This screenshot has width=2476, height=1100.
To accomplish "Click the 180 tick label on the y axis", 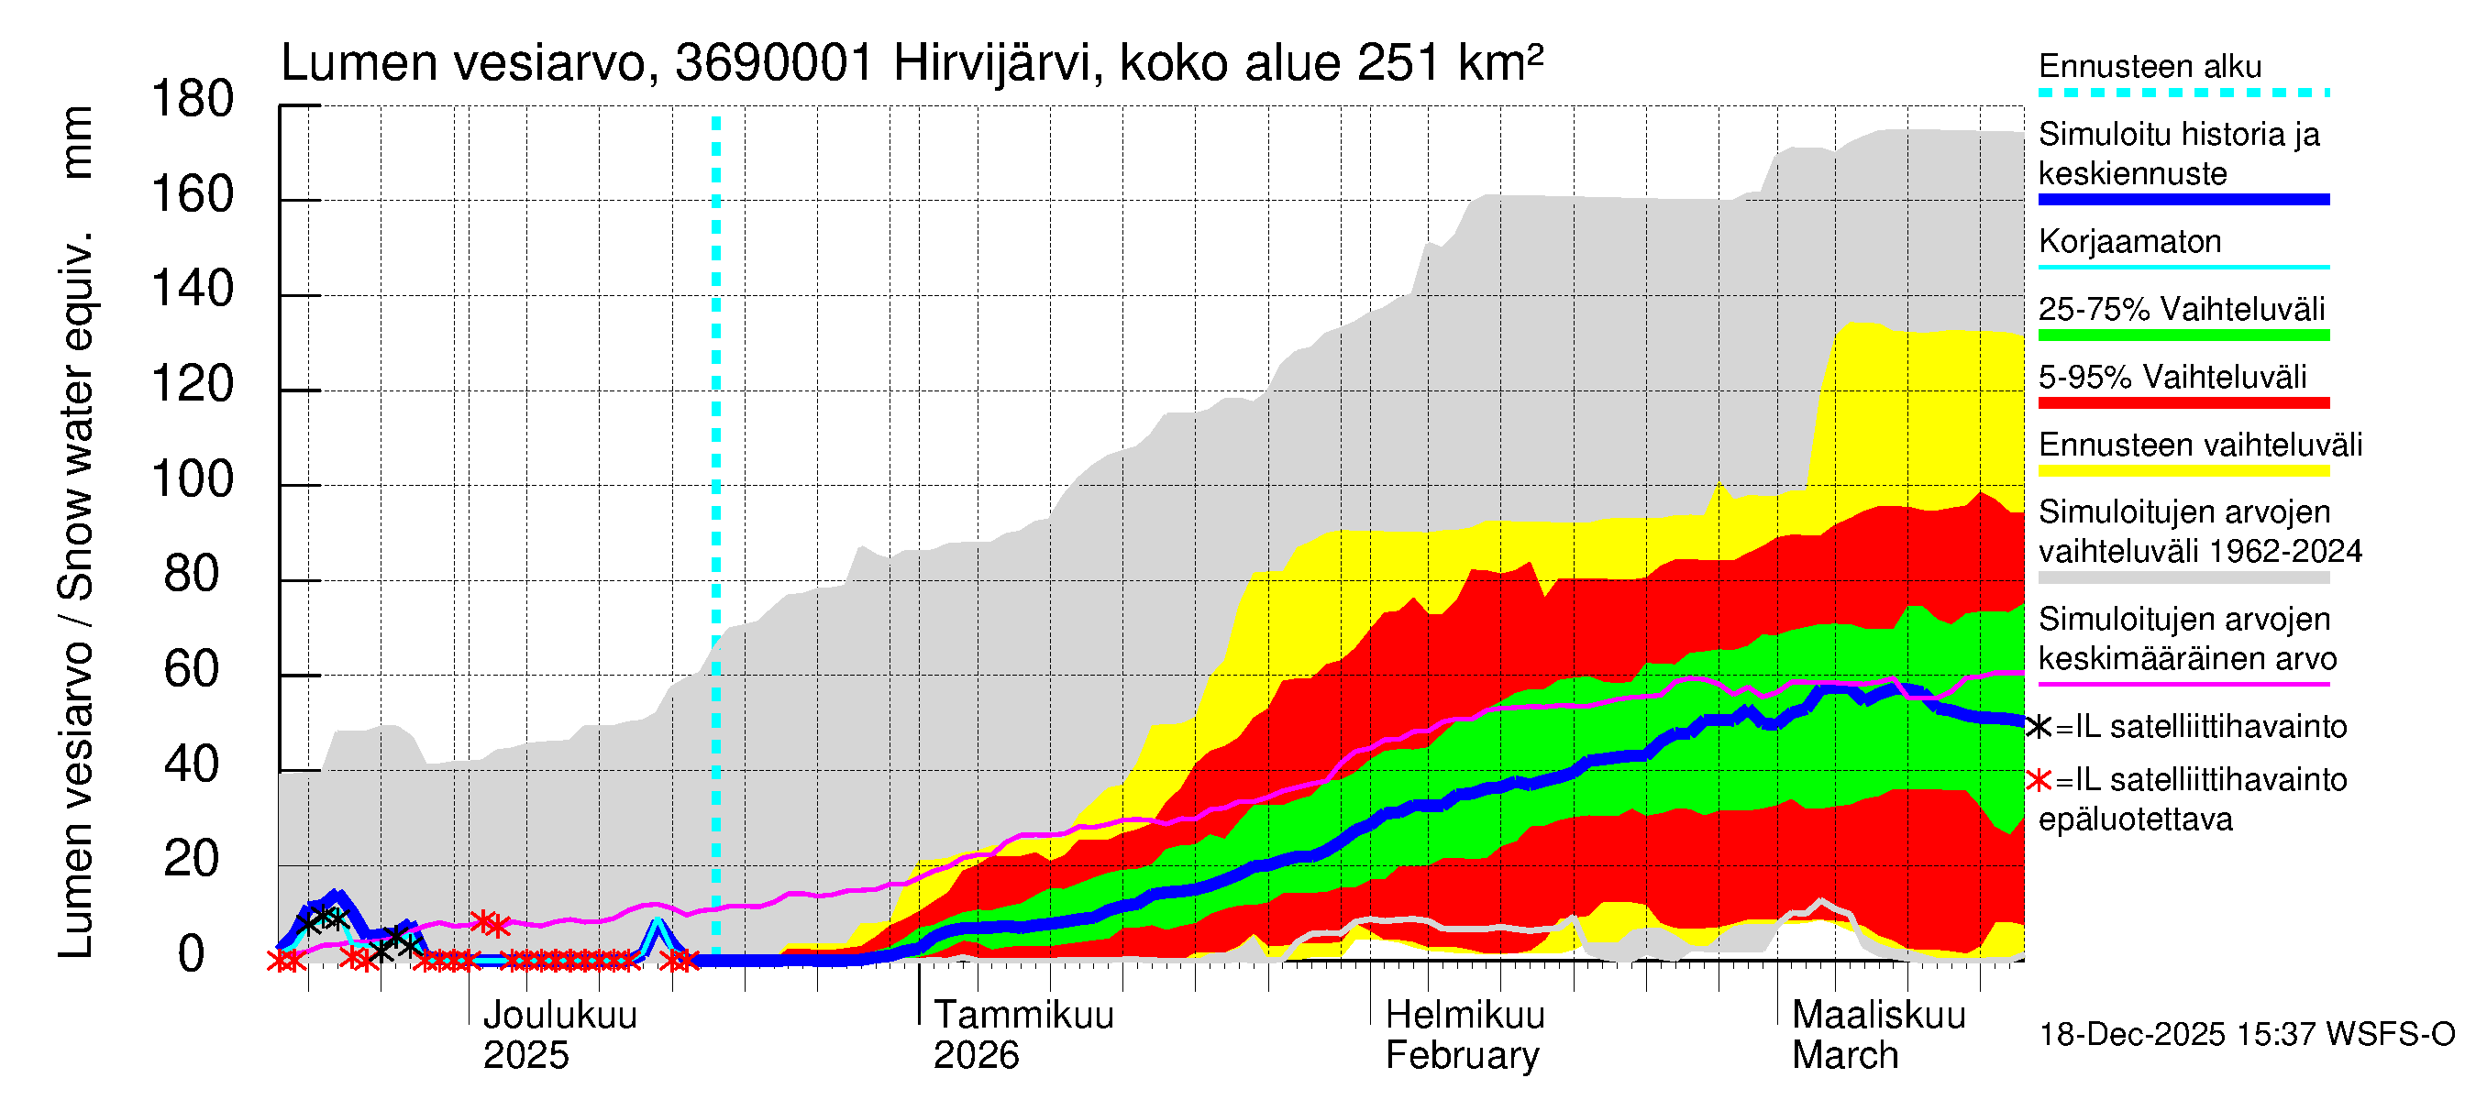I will point(193,100).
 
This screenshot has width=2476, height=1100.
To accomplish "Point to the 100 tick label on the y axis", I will point(193,479).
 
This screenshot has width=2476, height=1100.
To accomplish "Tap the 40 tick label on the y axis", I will point(193,764).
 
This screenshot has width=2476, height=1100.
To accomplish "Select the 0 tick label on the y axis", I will point(193,954).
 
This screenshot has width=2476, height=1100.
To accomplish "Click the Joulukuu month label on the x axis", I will point(559,1015).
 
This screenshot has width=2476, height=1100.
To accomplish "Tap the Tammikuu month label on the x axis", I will point(1022,1015).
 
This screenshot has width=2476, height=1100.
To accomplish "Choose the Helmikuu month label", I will point(1465,1015).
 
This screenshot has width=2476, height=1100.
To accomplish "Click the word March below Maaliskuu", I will point(1844,1055).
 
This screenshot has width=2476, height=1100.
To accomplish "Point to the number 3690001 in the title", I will point(774,64).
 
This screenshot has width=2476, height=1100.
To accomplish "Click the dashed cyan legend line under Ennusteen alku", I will point(2183,93).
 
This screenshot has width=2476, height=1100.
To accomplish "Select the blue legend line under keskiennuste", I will point(2183,200).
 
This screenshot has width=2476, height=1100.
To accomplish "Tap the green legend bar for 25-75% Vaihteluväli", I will point(2183,335).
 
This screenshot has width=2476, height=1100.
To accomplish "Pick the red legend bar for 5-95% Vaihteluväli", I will point(2183,403).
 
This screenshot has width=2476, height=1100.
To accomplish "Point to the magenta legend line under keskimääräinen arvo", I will point(2183,684).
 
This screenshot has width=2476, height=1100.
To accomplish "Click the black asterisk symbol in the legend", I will point(2038,727).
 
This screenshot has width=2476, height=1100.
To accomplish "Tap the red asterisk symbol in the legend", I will point(2038,780).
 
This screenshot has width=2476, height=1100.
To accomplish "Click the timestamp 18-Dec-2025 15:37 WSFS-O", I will point(2246,1035).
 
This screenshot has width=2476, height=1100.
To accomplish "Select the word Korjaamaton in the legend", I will point(2129,241).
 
